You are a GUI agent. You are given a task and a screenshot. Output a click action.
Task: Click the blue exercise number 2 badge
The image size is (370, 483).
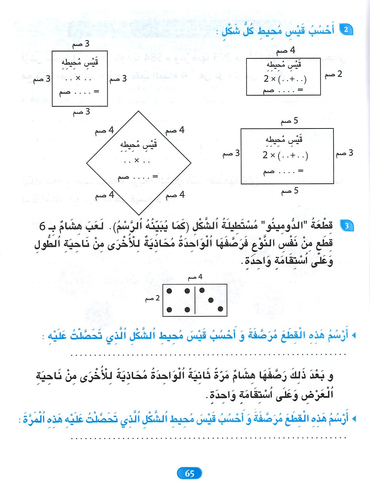pyautogui.click(x=346, y=30)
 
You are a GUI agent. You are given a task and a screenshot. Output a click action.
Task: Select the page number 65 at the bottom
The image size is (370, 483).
pyautogui.click(x=189, y=473)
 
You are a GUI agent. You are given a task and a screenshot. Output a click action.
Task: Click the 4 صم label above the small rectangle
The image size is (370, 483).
pyautogui.click(x=286, y=50)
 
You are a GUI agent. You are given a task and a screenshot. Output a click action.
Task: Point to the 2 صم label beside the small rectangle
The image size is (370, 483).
pyautogui.click(x=333, y=74)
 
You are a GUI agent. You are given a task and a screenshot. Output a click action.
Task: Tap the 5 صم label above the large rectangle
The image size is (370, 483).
pyautogui.click(x=289, y=121)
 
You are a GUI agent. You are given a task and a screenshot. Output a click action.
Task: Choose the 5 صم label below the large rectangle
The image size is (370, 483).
pyautogui.click(x=290, y=190)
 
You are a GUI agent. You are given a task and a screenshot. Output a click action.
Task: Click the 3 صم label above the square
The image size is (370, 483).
pyautogui.click(x=81, y=44)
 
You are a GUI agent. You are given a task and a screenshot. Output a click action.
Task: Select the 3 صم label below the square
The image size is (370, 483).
pyautogui.click(x=81, y=112)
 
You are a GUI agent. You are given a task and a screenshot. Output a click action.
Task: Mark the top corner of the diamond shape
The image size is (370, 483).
pyautogui.click(x=138, y=111)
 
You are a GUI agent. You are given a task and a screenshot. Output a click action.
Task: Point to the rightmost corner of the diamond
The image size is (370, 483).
pyautogui.click(x=191, y=163)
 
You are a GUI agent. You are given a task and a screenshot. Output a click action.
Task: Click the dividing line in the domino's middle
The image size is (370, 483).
pyautogui.click(x=195, y=300)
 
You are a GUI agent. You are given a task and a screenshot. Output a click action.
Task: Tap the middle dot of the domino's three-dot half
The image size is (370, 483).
pyautogui.click(x=211, y=300)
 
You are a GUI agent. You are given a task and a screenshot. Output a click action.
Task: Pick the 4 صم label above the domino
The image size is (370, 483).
pyautogui.click(x=195, y=277)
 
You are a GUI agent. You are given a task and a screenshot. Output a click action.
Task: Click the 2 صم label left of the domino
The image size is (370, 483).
pyautogui.click(x=152, y=298)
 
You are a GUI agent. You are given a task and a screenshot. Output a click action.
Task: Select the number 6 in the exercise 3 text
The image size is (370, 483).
pyautogui.click(x=42, y=226)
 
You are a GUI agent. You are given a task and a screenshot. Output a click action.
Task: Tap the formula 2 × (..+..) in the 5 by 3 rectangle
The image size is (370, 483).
pyautogui.click(x=285, y=155)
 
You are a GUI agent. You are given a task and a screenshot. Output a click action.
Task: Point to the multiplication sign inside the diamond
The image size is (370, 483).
pyautogui.click(x=137, y=160)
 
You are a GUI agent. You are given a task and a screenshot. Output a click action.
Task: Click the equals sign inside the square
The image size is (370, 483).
pyautogui.click(x=96, y=91)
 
